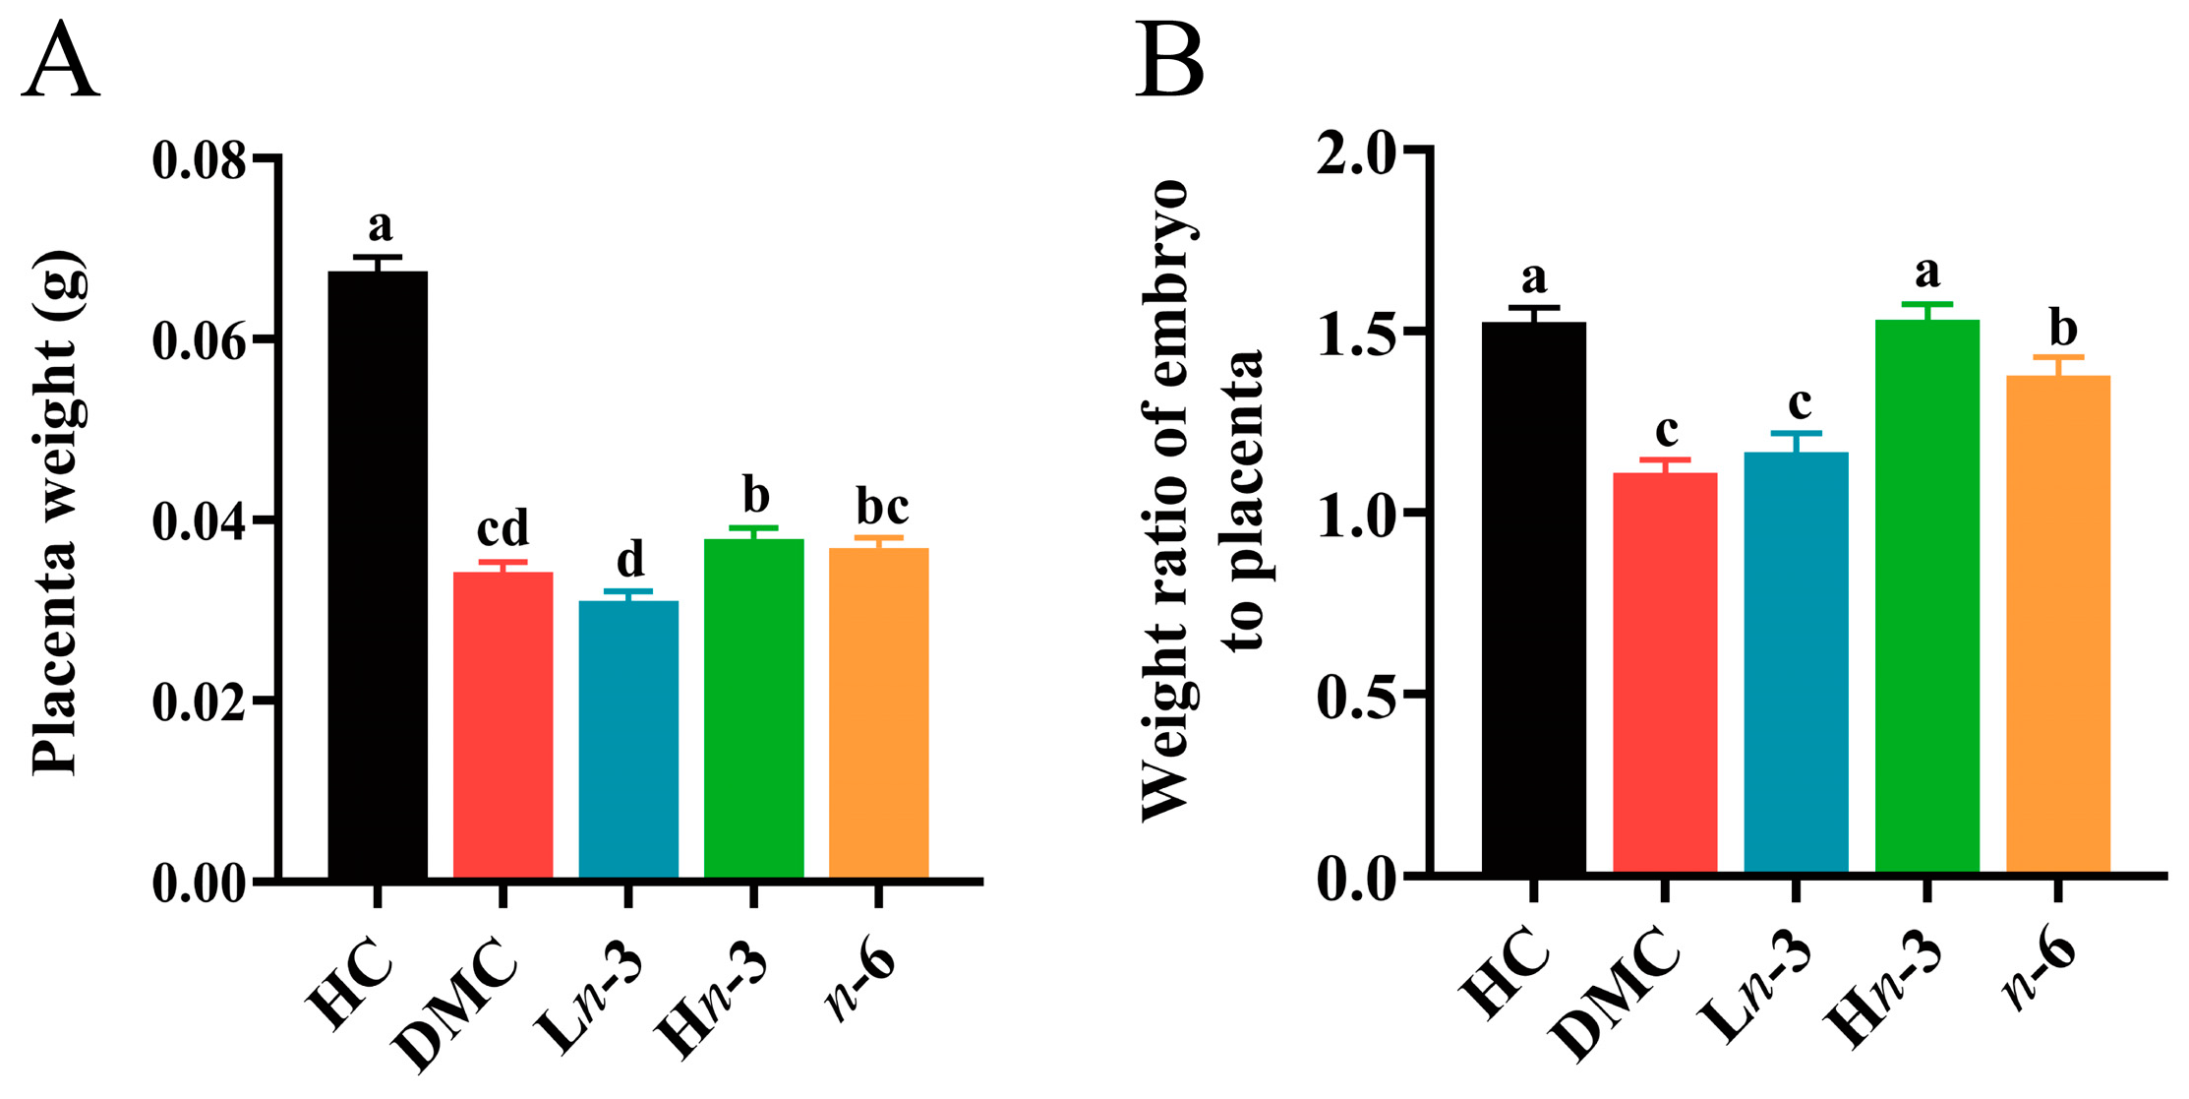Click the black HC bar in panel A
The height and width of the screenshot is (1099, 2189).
pyautogui.click(x=378, y=575)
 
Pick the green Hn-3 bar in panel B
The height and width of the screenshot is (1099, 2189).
pyautogui.click(x=1926, y=596)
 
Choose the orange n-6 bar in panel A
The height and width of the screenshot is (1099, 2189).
pyautogui.click(x=878, y=712)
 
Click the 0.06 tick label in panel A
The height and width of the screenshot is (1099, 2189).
pyautogui.click(x=198, y=340)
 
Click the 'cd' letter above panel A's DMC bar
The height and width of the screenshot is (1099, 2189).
pyautogui.click(x=503, y=527)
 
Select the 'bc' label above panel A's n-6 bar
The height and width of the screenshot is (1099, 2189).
pyautogui.click(x=881, y=507)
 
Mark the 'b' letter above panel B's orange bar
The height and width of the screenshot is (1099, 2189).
pyautogui.click(x=2062, y=327)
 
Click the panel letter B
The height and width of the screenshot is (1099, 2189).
pyautogui.click(x=1169, y=61)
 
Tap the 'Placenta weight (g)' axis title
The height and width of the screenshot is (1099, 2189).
pyautogui.click(x=56, y=512)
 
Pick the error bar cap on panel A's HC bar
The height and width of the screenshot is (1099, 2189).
pyautogui.click(x=379, y=257)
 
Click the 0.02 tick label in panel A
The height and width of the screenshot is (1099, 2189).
pyautogui.click(x=198, y=702)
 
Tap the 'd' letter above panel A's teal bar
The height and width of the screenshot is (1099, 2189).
pyautogui.click(x=629, y=559)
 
